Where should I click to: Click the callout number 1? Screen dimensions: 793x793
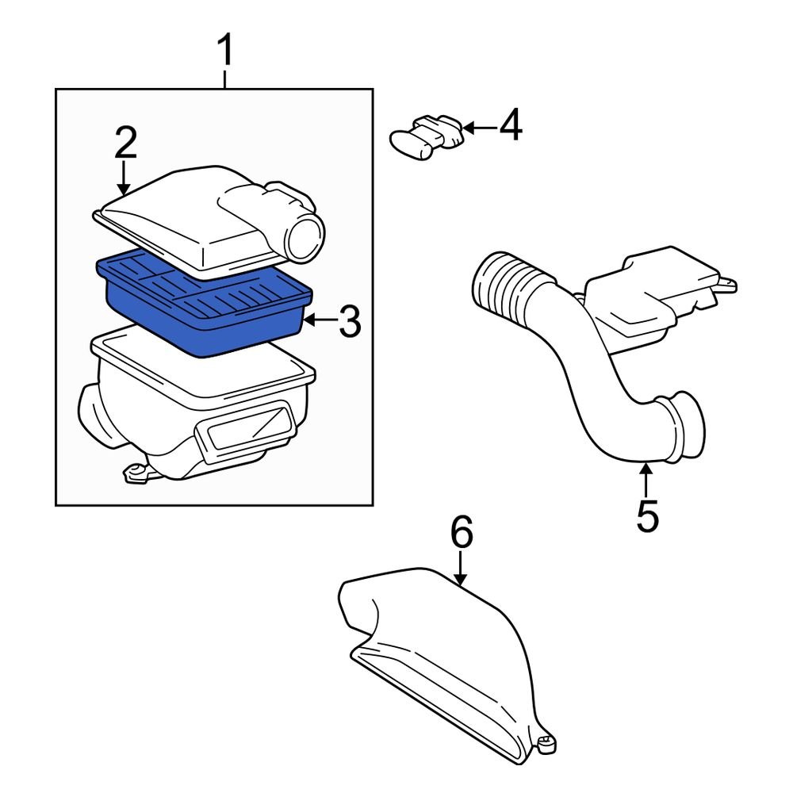tap(226, 52)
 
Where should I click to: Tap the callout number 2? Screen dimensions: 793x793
tap(125, 144)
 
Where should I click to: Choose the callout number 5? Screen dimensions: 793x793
tap(647, 515)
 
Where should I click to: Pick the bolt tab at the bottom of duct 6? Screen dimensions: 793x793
tap(545, 744)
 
